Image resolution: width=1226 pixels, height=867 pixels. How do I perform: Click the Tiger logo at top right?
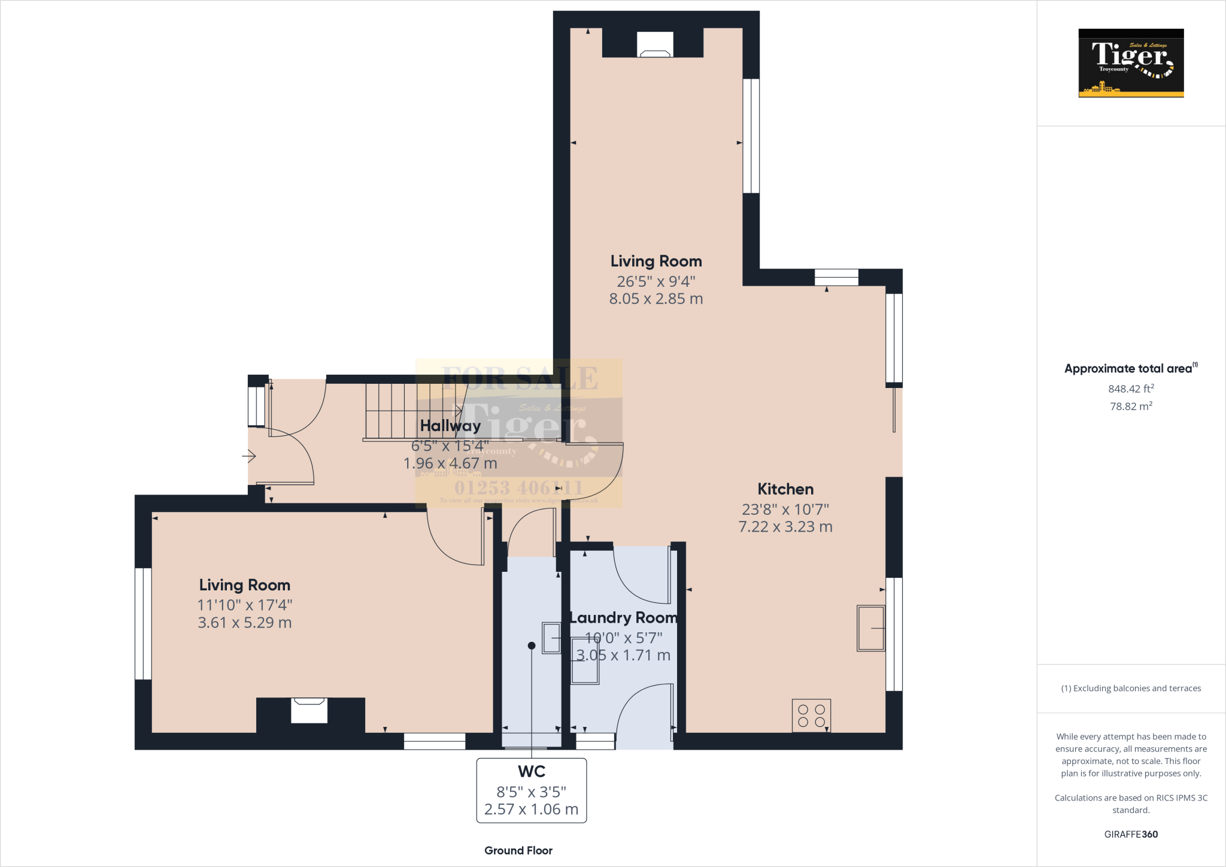(x=1131, y=63)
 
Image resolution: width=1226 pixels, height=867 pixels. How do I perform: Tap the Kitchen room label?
(x=785, y=489)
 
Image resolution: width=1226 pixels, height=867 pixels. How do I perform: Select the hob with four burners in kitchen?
(x=811, y=716)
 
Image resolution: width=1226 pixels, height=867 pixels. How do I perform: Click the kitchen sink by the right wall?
(x=871, y=628)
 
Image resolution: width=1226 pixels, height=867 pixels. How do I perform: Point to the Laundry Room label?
(x=623, y=617)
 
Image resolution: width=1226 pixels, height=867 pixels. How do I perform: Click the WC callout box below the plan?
(x=531, y=790)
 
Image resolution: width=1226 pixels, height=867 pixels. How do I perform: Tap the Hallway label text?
(x=450, y=426)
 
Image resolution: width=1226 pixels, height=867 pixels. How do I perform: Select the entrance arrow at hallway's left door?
(x=249, y=457)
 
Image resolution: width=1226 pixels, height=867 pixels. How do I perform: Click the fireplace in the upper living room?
(x=655, y=46)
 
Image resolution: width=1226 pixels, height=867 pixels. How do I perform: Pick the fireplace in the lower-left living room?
(x=309, y=711)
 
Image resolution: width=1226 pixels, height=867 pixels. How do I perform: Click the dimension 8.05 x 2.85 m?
(x=656, y=299)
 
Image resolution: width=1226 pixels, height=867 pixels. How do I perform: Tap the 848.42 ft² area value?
(x=1131, y=389)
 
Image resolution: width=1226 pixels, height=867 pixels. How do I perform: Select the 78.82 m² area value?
(x=1131, y=406)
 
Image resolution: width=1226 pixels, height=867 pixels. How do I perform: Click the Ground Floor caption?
(x=518, y=850)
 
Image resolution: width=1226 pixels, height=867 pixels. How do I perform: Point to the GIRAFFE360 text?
(x=1131, y=834)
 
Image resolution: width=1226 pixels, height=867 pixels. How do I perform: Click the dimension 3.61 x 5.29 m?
(x=244, y=623)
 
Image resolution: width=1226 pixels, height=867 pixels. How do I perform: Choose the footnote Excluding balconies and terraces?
(x=1131, y=689)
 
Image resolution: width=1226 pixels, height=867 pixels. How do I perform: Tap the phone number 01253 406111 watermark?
(x=518, y=487)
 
